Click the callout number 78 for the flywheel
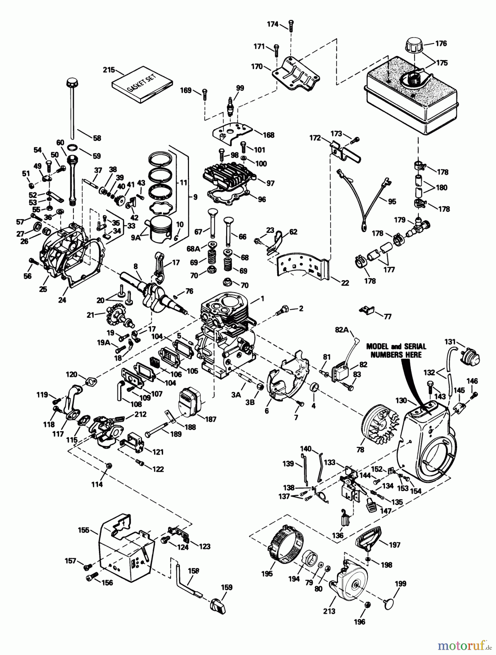click(360, 450)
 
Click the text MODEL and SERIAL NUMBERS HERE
click(396, 350)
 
